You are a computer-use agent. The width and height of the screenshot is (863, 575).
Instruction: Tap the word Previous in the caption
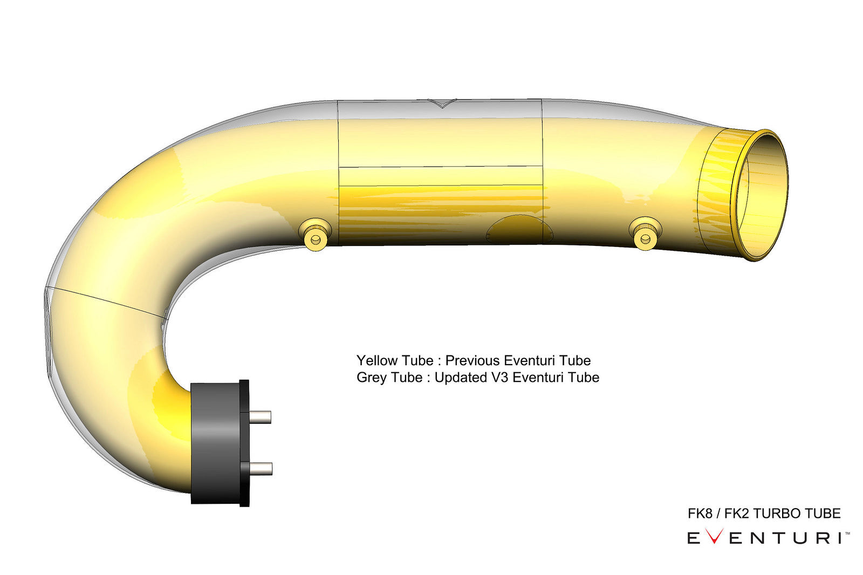472,360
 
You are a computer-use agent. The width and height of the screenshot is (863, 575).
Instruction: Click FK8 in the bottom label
700,514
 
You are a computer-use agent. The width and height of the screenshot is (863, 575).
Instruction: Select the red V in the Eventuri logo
714,538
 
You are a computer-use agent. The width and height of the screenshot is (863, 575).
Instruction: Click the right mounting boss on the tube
645,234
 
